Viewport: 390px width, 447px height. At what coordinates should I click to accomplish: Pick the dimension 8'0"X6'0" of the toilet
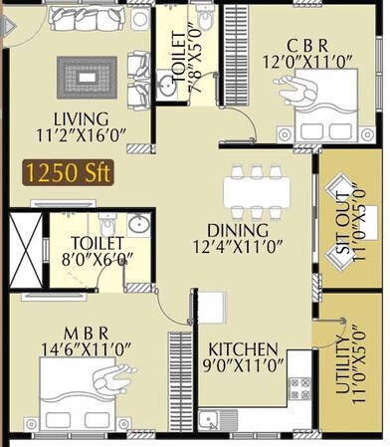[x=97, y=262]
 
